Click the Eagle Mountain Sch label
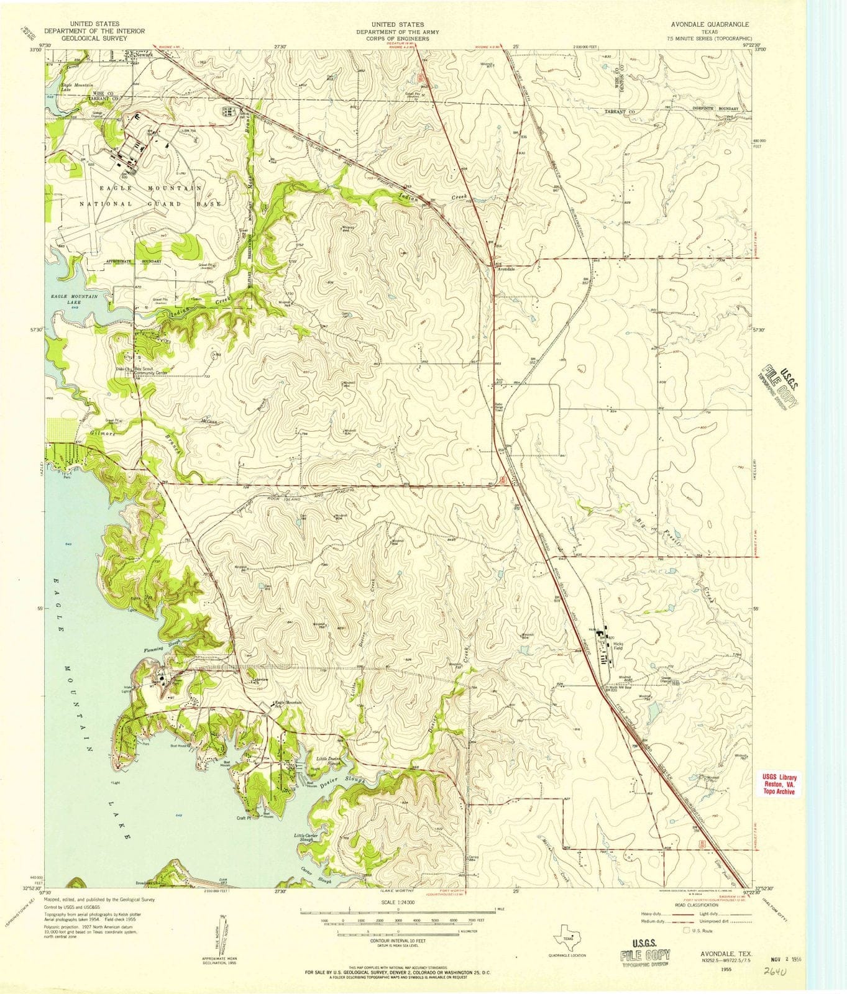point(288,704)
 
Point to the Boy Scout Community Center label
point(152,372)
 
